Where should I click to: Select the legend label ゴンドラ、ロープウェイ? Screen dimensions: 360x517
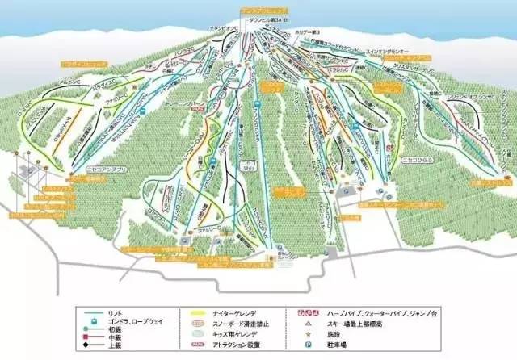point(141,320)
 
